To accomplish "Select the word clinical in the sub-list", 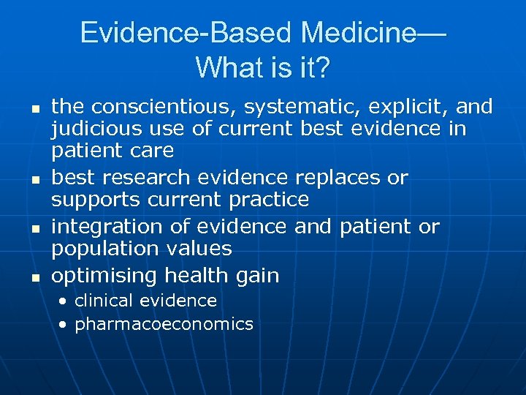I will coord(104,301).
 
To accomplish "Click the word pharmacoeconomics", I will coord(164,324).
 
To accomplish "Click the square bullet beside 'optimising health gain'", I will coord(34,277).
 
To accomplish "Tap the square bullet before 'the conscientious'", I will coord(34,108).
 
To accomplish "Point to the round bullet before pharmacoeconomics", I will coord(64,324).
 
